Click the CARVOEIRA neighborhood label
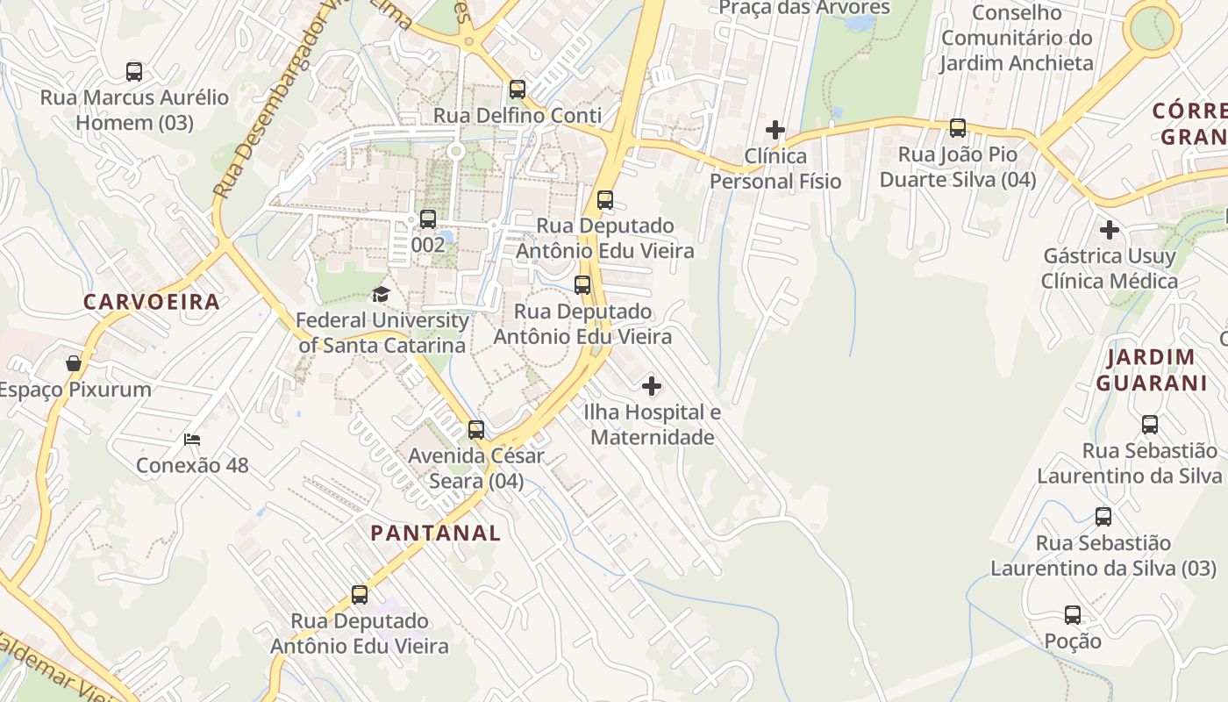pos(152,302)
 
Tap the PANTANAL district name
pos(435,533)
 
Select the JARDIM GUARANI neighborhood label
pos(1151,369)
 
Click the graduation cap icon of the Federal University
pos(381,294)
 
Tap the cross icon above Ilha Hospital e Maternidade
pos(652,386)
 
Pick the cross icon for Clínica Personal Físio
pos(775,131)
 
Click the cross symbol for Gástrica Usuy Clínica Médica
pos(1110,230)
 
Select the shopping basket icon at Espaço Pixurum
pos(74,363)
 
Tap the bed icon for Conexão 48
pos(192,439)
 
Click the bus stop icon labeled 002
pos(428,219)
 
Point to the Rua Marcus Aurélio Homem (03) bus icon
pos(134,72)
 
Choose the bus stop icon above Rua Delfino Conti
pos(518,90)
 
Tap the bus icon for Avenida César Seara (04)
pos(476,430)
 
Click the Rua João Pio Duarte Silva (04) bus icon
pos(958,128)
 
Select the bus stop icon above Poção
pos(1073,615)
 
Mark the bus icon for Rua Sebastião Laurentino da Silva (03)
pos(1103,517)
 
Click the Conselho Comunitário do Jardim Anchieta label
pos(1017,38)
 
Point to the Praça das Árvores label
pos(804,8)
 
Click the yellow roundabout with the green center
pos(1152,28)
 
